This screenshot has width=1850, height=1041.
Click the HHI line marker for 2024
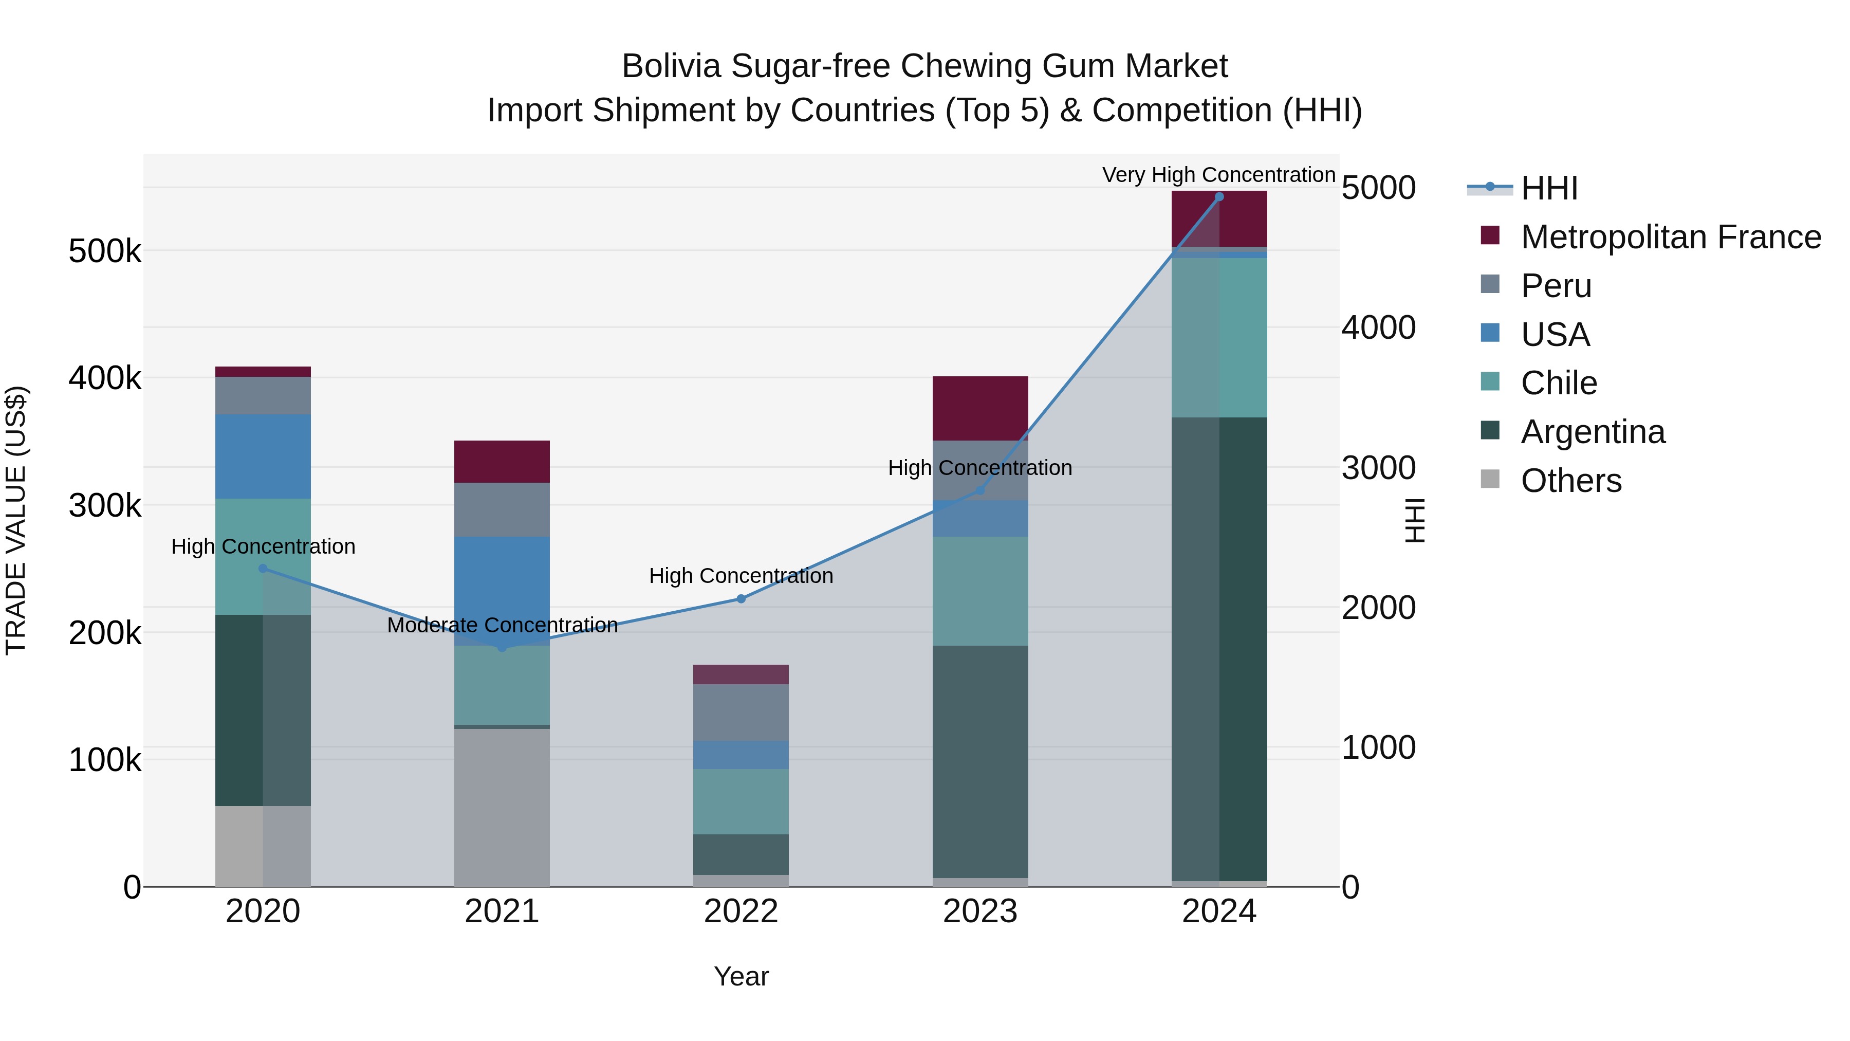coord(1219,197)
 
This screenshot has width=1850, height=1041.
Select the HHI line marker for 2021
coord(502,647)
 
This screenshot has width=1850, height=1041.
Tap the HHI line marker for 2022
coord(741,598)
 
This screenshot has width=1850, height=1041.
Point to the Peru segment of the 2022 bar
coord(741,712)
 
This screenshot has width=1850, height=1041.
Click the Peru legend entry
coord(1555,286)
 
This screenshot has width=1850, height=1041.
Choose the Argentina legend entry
coord(1592,432)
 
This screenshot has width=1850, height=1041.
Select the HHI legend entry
coord(1548,188)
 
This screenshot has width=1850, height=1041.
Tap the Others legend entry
coord(1570,481)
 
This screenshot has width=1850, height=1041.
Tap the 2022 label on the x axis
coord(741,911)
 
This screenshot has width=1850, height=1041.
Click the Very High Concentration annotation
coord(1219,175)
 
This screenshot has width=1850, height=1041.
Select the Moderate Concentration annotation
coord(502,625)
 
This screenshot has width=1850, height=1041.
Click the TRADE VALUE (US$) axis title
coord(16,520)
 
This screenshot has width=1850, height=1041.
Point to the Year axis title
coord(741,976)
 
